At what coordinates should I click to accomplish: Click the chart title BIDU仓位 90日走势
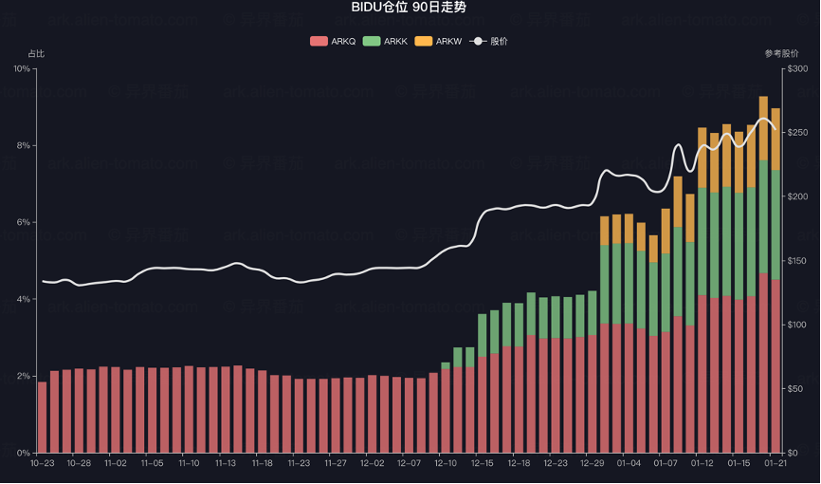410,8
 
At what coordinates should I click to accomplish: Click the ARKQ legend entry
333,42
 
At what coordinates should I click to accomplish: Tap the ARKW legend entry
438,42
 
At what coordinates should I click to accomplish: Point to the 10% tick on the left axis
21,69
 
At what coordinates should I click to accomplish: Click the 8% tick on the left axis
23,146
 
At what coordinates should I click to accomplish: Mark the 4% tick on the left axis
23,300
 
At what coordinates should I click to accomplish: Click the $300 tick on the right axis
797,69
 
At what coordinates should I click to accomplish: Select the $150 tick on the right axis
797,261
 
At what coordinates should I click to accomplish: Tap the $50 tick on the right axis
795,389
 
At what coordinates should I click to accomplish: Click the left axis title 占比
36,54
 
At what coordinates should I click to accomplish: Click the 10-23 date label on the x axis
42,464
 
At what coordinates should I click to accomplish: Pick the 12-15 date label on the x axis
483,464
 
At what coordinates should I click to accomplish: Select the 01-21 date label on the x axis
775,464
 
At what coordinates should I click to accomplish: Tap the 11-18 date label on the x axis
263,464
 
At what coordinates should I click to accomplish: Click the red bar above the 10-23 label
42,418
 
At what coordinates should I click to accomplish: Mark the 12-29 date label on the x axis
593,464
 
